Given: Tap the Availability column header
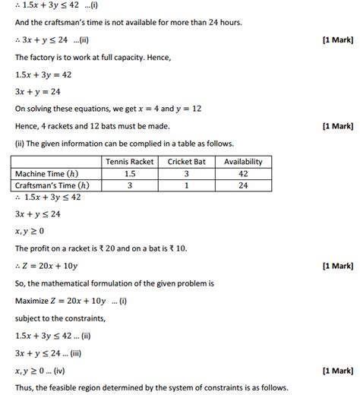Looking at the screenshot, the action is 243,162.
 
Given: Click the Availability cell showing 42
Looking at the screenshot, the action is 243,174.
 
